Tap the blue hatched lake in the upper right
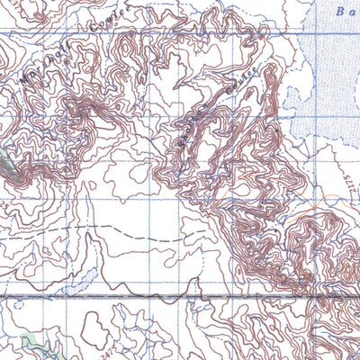point(333,72)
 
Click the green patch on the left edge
point(9,166)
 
